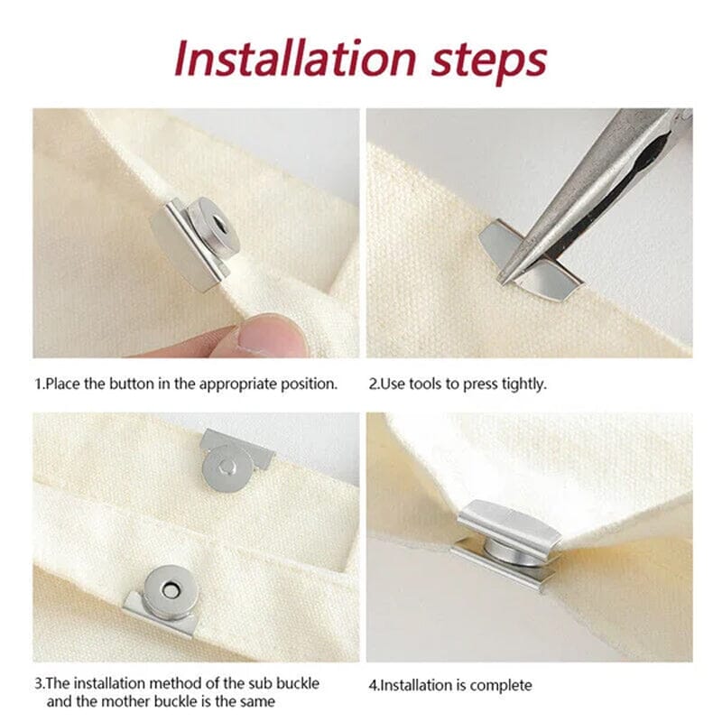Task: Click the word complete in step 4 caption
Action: [502, 685]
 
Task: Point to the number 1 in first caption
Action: [38, 384]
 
